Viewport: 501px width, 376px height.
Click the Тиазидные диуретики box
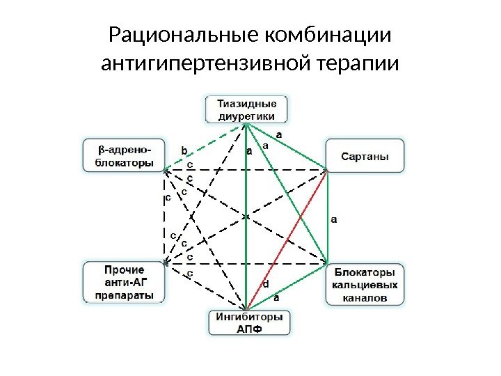247,110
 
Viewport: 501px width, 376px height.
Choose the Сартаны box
365,156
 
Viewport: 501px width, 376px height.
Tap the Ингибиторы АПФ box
247,323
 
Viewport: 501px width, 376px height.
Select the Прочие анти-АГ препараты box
125,282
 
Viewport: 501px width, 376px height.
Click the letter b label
184,149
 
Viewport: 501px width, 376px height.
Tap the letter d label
265,284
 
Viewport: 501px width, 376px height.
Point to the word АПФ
247,329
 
